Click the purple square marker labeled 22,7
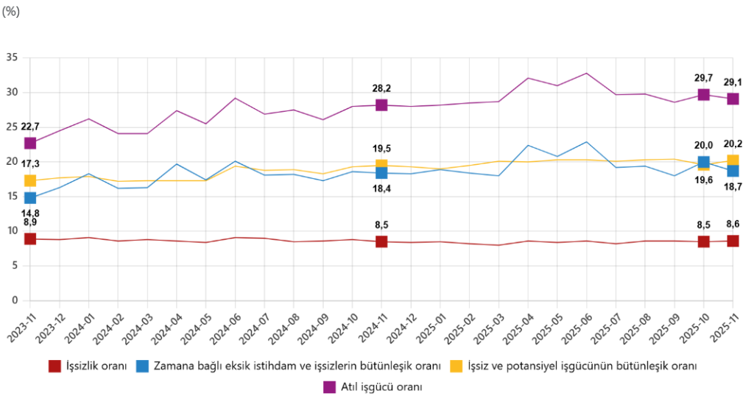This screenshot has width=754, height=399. tap(29, 143)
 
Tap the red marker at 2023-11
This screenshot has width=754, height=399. tap(29, 239)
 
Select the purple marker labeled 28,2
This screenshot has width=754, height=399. tap(381, 105)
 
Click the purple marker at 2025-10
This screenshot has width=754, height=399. tap(703, 94)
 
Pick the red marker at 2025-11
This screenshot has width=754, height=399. tap(733, 241)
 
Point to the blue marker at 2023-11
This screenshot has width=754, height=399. tap(29, 197)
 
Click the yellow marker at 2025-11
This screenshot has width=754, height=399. tap(733, 160)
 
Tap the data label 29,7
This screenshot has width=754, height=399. tap(703, 77)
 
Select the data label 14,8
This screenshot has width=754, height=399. tap(29, 213)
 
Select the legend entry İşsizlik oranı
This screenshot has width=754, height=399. tap(96, 366)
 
